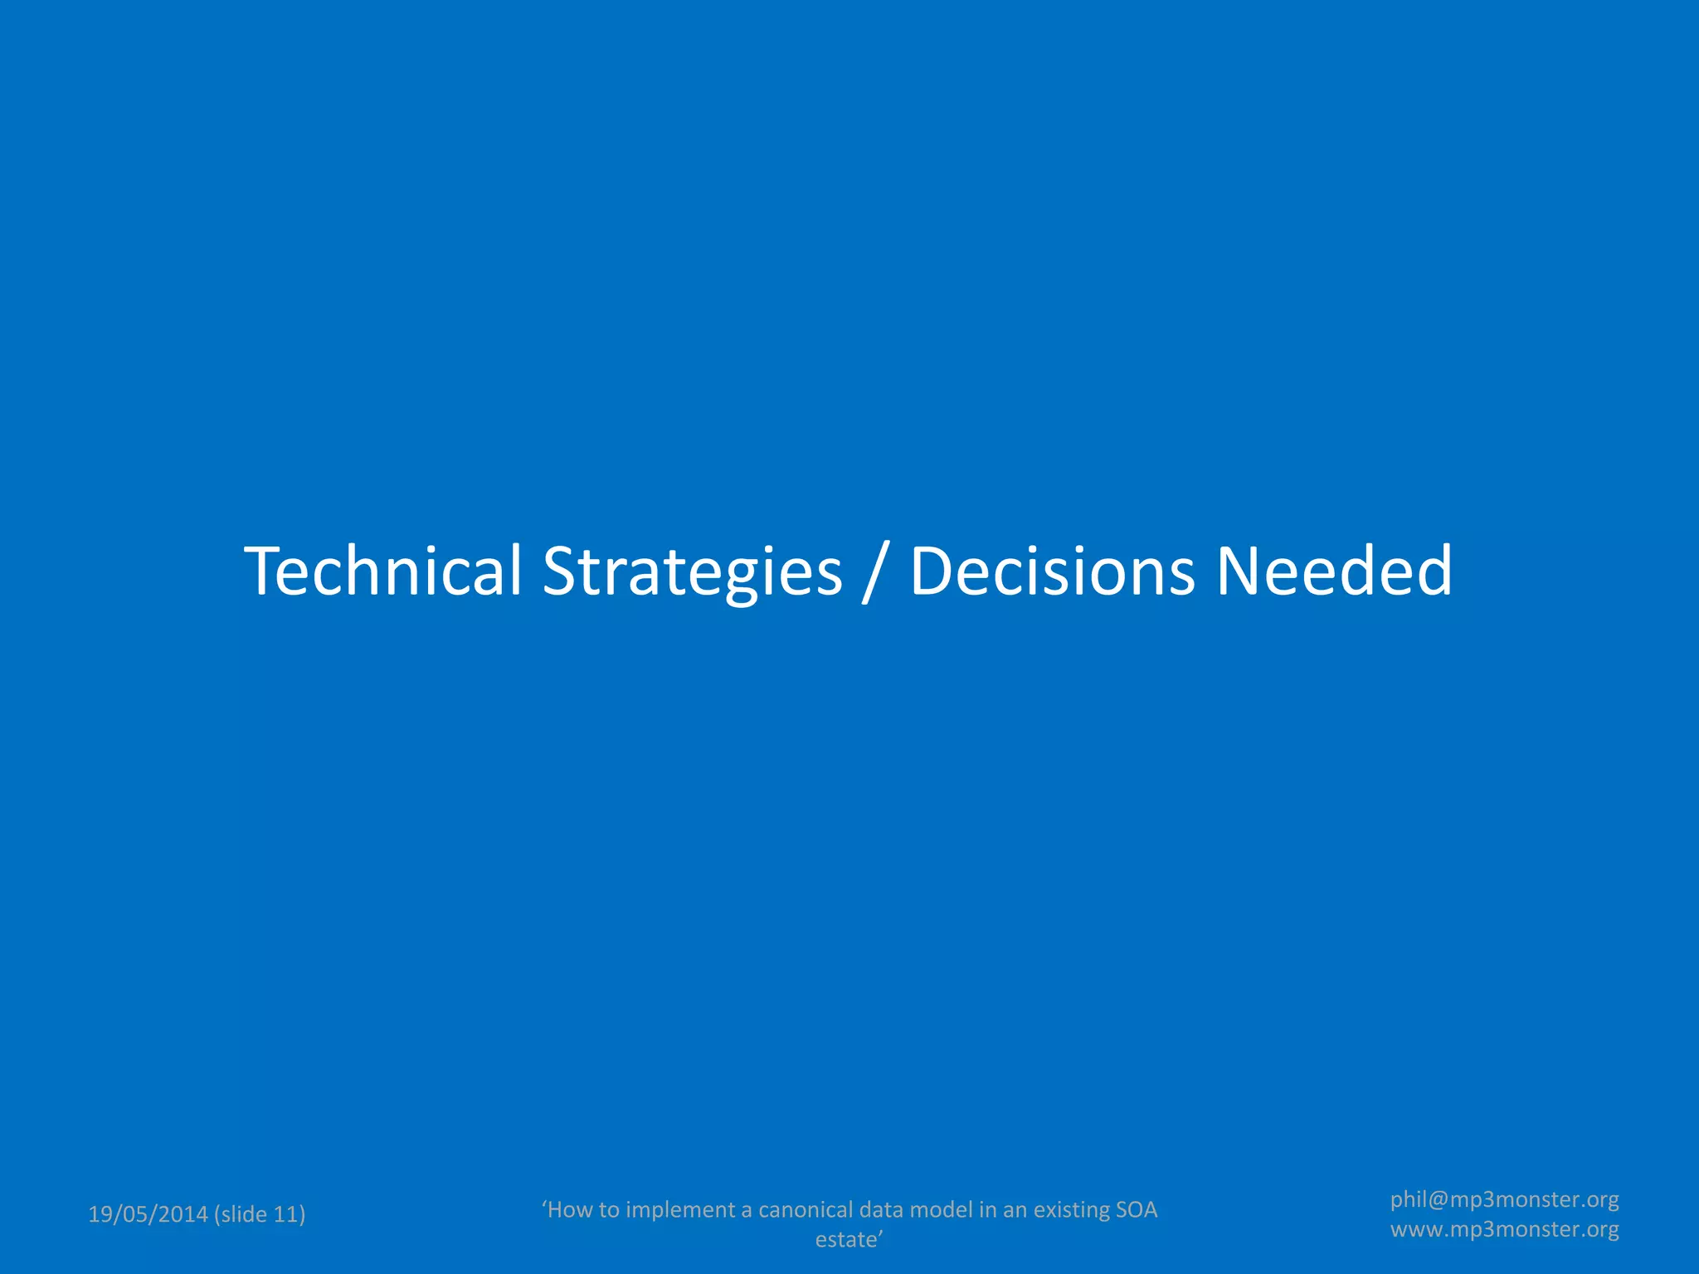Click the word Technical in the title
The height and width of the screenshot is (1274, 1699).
click(382, 571)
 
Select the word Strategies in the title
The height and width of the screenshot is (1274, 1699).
click(692, 572)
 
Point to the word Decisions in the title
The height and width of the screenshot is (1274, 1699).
click(1053, 571)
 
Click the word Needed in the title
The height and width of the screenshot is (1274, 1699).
click(1334, 571)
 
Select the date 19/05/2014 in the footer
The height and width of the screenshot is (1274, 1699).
click(148, 1214)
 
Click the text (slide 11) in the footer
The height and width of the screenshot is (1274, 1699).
click(260, 1214)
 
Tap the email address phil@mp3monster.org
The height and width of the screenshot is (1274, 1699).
click(1504, 1199)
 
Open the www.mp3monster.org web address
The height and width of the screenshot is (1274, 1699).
click(1504, 1229)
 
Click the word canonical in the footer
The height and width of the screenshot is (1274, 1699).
click(806, 1210)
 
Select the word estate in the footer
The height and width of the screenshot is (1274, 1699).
click(846, 1239)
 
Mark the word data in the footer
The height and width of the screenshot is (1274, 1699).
click(881, 1210)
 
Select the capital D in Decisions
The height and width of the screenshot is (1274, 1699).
click(934, 571)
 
